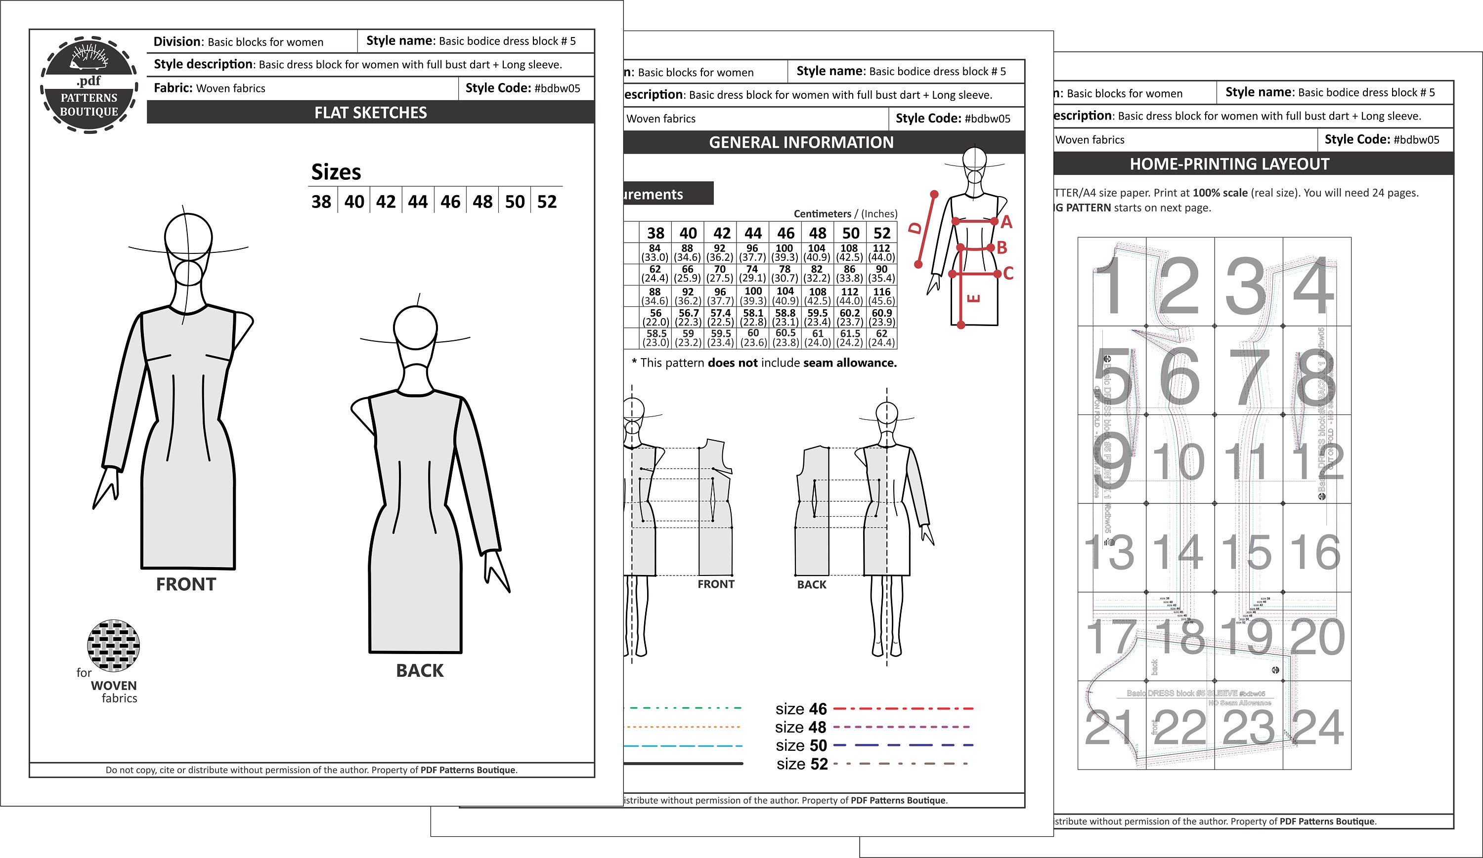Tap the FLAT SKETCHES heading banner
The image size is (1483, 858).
[370, 112]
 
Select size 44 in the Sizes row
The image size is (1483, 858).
[418, 202]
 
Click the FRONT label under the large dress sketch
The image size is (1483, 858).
[186, 584]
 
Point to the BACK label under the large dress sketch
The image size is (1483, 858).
[420, 670]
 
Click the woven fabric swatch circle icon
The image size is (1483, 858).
[113, 645]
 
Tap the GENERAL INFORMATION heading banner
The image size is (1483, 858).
[801, 142]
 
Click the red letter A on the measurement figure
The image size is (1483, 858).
[1006, 222]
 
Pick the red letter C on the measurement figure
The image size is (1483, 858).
[1008, 274]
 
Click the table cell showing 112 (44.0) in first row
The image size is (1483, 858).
[881, 253]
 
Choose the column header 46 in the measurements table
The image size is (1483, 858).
[785, 234]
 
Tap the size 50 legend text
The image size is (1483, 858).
[801, 746]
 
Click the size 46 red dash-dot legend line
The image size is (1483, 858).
[903, 709]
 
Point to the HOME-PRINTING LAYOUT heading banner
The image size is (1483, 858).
[1229, 164]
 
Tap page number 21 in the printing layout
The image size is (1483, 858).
[1109, 727]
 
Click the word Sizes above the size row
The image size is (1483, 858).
[336, 172]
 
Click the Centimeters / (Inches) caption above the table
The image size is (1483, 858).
[845, 214]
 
